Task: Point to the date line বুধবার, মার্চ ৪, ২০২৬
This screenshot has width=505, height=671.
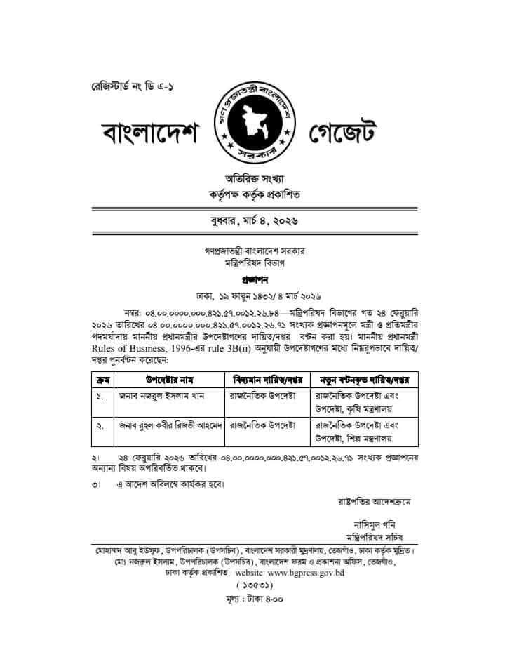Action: click(254, 222)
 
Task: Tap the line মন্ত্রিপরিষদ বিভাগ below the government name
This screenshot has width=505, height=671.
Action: click(254, 262)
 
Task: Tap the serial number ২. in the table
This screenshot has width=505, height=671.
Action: click(100, 425)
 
